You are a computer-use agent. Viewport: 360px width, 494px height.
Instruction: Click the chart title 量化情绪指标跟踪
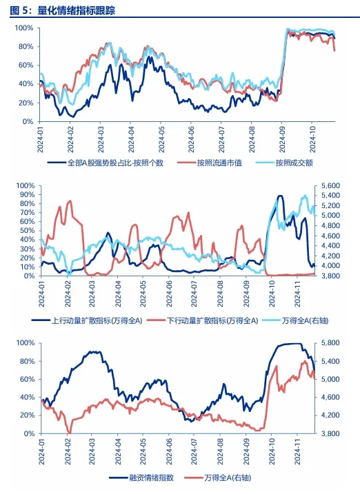pos(77,10)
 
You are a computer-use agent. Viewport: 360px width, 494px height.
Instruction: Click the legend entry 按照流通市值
pos(219,163)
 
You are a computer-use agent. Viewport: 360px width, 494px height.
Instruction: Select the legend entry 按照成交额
pos(294,163)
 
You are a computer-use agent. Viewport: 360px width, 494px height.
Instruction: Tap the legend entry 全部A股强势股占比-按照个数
pos(115,163)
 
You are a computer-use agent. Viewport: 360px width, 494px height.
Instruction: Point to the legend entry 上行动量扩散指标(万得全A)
pos(97,321)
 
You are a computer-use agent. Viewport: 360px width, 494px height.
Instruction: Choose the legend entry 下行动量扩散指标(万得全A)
pos(212,321)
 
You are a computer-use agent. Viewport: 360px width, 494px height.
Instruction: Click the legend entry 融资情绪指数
pos(151,477)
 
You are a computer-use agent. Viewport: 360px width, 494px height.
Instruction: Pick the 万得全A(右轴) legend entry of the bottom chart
pos(228,477)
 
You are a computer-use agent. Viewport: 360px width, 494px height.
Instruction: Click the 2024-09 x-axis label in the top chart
pos(282,140)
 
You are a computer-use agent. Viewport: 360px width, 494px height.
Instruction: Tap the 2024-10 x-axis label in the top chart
pos(312,140)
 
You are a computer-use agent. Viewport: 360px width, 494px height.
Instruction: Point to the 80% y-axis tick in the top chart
pos(26,47)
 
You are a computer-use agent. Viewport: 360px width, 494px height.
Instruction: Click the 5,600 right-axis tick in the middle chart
pos(330,185)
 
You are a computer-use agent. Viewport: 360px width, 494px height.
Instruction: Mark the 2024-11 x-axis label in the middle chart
pos(297,294)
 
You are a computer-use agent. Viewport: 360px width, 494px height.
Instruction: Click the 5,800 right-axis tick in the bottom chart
pos(330,343)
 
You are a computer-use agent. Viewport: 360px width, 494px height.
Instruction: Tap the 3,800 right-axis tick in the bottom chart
pos(330,433)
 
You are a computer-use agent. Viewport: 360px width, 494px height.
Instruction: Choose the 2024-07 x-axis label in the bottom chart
pos(194,451)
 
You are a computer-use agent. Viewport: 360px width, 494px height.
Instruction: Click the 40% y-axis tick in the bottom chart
pos(27,398)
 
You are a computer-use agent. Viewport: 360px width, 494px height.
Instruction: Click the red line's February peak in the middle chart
pos(70,200)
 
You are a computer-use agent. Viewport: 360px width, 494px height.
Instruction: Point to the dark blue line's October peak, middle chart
pos(280,196)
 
